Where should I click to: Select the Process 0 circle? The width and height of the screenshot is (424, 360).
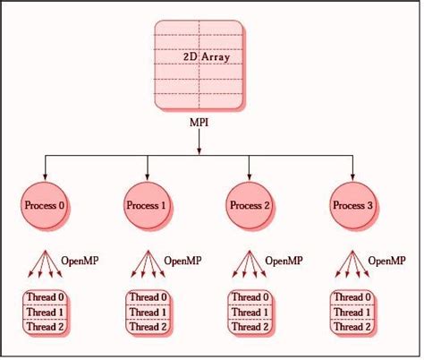pyautogui.click(x=45, y=206)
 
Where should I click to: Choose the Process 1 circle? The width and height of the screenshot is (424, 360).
pyautogui.click(x=147, y=206)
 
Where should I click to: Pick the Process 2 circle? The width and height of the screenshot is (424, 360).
pyautogui.click(x=250, y=206)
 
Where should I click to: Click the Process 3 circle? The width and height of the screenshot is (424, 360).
pyautogui.click(x=352, y=206)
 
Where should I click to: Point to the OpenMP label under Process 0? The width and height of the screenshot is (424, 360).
pyautogui.click(x=80, y=261)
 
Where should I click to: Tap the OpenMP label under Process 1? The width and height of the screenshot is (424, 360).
pyautogui.click(x=182, y=261)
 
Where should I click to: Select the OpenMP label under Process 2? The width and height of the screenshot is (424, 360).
pyautogui.click(x=285, y=261)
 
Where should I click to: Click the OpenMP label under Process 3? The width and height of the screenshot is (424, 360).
pyautogui.click(x=388, y=261)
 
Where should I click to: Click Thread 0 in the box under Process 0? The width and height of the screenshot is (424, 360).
pyautogui.click(x=45, y=298)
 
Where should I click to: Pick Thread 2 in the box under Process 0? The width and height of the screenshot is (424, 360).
pyautogui.click(x=45, y=326)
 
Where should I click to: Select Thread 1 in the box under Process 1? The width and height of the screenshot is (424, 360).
pyautogui.click(x=147, y=312)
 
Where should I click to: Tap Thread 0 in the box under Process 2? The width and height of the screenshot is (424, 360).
pyautogui.click(x=250, y=298)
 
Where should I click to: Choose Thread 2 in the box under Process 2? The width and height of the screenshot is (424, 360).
pyautogui.click(x=250, y=326)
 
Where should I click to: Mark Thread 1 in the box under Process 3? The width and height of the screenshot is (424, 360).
pyautogui.click(x=352, y=312)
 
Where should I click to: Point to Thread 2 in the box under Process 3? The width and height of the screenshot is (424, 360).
pyautogui.click(x=352, y=326)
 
